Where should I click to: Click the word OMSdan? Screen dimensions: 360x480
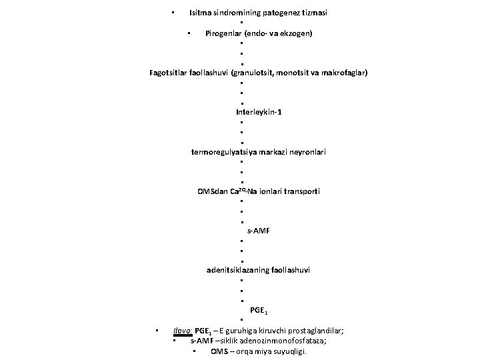pos(212,192)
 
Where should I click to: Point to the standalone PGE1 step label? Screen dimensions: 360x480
pos(259,310)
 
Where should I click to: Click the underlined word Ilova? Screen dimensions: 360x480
pos(182,331)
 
